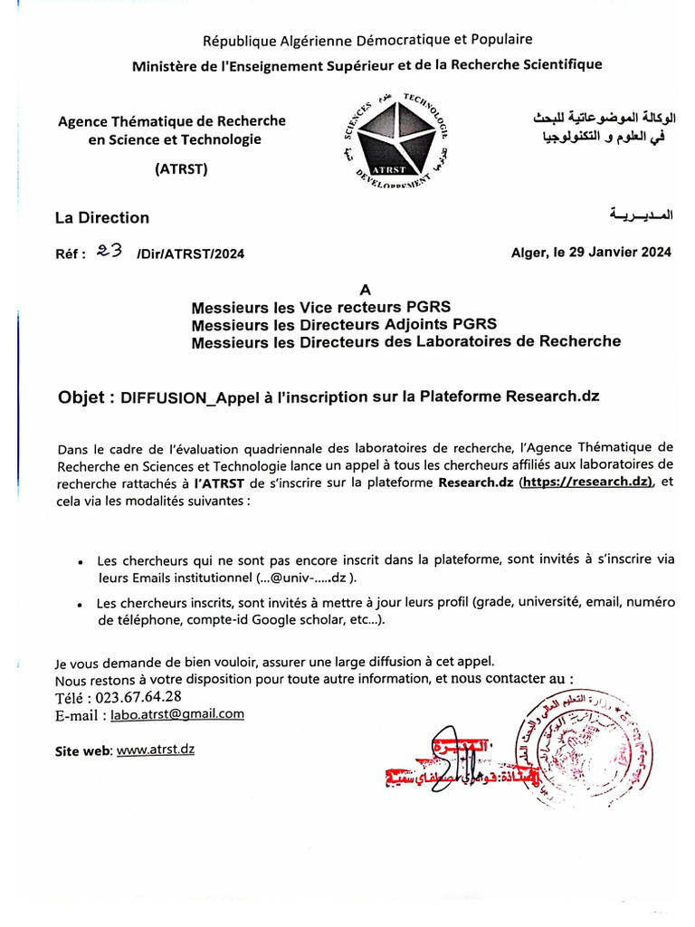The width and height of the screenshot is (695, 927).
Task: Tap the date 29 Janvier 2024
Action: pyautogui.click(x=613, y=253)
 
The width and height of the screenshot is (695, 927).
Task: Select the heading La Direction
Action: pyautogui.click(x=102, y=217)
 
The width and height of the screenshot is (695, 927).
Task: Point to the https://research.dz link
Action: pyautogui.click(x=586, y=482)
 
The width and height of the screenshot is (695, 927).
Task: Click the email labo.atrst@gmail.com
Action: pyautogui.click(x=177, y=713)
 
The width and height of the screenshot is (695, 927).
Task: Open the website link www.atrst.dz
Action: pyautogui.click(x=156, y=750)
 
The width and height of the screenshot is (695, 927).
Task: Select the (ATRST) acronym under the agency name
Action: pyautogui.click(x=181, y=168)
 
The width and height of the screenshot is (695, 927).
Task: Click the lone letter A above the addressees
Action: pyautogui.click(x=366, y=291)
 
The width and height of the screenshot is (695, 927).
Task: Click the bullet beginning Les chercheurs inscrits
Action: pyautogui.click(x=81, y=604)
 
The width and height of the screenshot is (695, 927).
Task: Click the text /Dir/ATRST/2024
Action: pyautogui.click(x=190, y=254)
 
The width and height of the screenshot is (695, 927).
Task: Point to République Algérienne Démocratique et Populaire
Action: pyautogui.click(x=367, y=40)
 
